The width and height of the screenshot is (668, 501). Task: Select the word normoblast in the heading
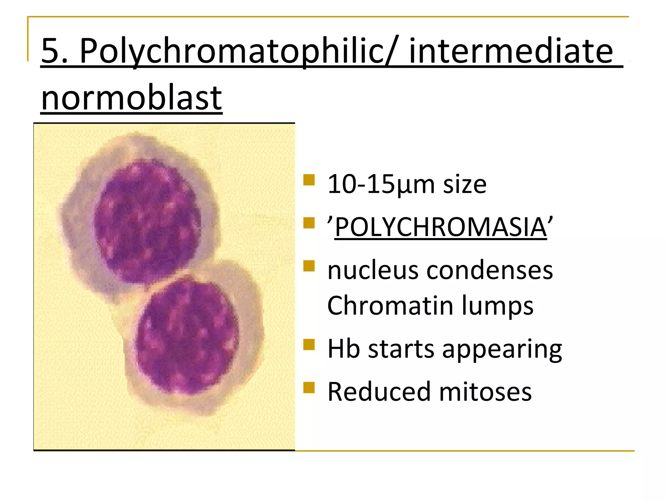[x=132, y=98]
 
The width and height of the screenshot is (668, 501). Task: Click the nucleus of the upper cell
[x=147, y=222]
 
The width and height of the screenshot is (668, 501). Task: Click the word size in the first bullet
[x=464, y=185]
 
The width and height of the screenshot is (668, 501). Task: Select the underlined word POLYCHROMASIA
[x=440, y=227]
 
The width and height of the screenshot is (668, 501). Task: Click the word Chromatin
[x=390, y=306]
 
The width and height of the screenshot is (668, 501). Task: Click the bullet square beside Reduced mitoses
[x=309, y=388]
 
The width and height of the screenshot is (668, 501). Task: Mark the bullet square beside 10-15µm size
[x=309, y=180]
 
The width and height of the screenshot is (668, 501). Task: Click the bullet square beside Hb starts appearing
[x=309, y=344]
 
